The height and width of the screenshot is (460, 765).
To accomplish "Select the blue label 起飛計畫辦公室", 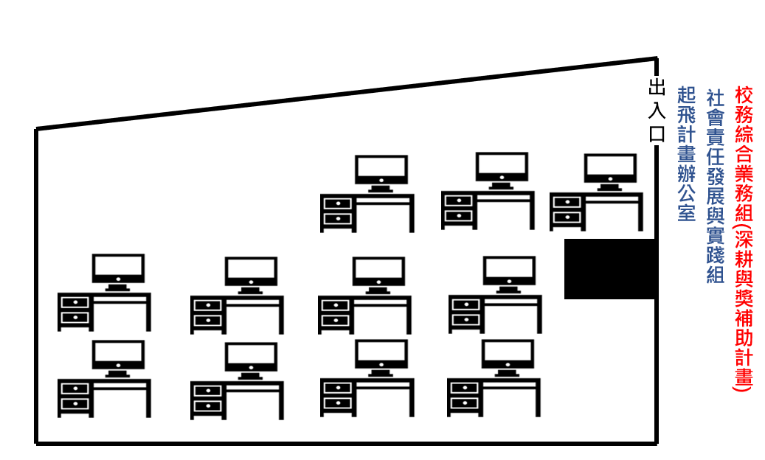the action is (686, 154).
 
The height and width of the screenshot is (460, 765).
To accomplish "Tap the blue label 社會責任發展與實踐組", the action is (716, 187).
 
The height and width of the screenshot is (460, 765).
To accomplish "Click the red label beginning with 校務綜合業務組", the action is (744, 239).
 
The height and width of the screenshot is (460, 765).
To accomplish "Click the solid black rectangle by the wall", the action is (609, 268).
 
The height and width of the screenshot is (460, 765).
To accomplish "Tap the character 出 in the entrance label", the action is (657, 87).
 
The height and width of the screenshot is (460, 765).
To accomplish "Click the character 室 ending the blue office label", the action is (686, 213).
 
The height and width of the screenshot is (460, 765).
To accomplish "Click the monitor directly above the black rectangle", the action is (610, 172).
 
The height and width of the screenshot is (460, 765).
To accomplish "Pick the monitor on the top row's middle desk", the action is (502, 170).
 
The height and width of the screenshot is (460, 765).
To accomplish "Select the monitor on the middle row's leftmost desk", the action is (118, 272).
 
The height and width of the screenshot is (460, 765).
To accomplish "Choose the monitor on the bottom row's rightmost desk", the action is (508, 358).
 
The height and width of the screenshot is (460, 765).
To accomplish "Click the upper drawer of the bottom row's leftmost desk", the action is (75, 388).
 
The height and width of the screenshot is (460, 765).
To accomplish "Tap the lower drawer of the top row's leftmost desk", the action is (338, 219).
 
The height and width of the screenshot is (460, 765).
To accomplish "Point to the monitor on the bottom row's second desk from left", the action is (251, 360).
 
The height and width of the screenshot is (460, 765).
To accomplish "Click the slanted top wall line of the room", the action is (347, 94).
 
